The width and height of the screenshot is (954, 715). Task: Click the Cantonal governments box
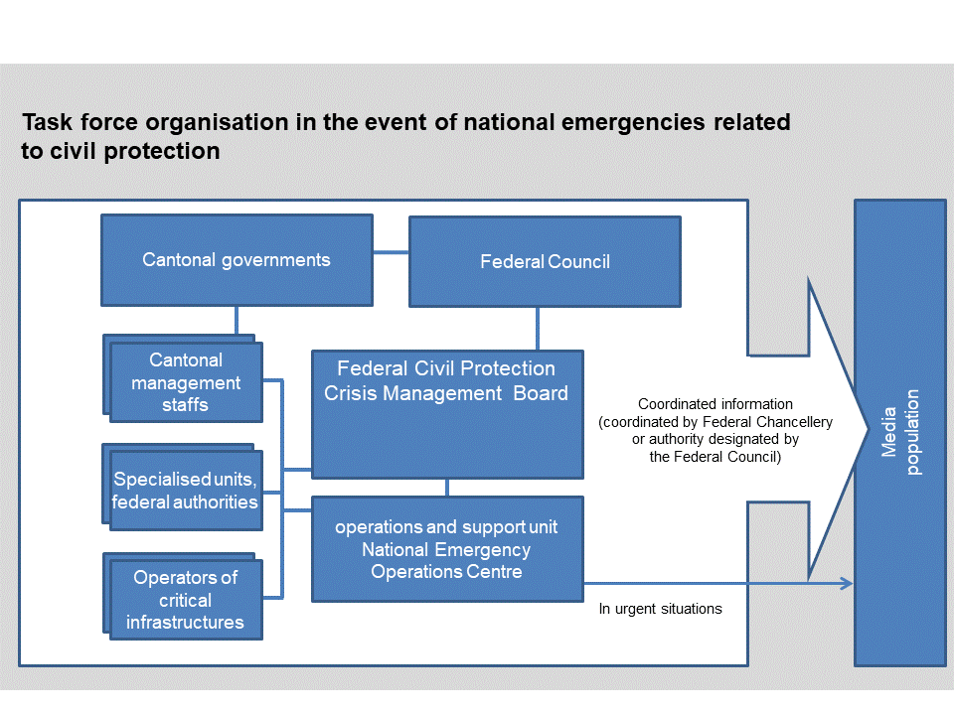click(237, 260)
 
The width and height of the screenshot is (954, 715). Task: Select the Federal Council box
click(545, 262)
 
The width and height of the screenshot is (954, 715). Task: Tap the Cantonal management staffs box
click(186, 382)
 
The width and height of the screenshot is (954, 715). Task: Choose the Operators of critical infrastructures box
click(186, 600)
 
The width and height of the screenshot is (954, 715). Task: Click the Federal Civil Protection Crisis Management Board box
click(447, 413)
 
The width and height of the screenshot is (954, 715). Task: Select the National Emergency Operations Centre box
click(447, 549)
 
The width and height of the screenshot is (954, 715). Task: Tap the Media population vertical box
click(899, 432)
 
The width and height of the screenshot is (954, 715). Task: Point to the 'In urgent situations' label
click(660, 609)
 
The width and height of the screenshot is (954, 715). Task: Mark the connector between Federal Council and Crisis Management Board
click(538, 329)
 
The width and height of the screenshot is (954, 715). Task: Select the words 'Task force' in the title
click(72, 122)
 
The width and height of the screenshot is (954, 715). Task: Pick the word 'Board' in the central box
click(541, 393)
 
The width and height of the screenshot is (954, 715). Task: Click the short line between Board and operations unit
click(447, 487)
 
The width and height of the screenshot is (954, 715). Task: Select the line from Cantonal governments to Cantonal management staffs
click(237, 320)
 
